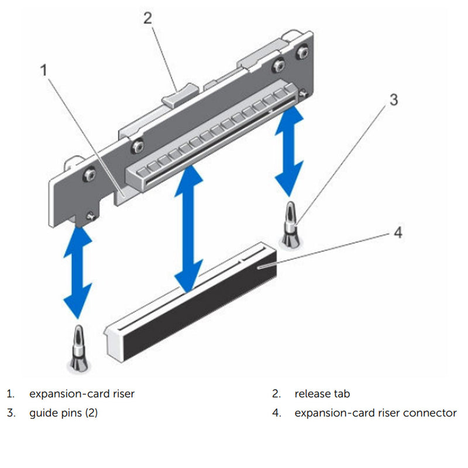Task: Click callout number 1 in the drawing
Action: point(43,71)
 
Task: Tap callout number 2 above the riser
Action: point(148,18)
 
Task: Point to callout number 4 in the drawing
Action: point(397,233)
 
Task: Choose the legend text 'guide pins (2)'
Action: point(64,413)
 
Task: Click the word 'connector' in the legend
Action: point(431,413)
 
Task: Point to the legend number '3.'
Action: point(11,413)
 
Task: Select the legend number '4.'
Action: point(277,413)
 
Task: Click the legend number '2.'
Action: point(277,394)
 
